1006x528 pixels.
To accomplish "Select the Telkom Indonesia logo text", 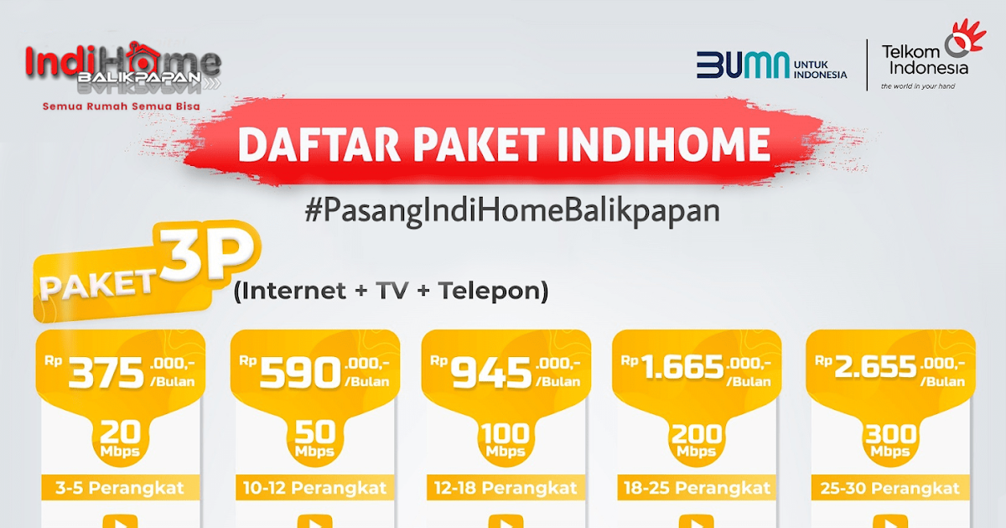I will click(x=924, y=60).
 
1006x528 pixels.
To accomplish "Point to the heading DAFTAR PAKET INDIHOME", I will click(x=504, y=143).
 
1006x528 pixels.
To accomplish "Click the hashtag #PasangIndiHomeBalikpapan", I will click(x=512, y=210).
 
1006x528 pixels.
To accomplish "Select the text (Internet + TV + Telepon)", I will click(x=392, y=291).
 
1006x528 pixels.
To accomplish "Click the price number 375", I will click(x=106, y=375).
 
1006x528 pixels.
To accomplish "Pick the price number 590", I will click(x=299, y=375).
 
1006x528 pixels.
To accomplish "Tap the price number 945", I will click(x=492, y=375).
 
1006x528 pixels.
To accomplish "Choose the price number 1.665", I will click(x=682, y=369).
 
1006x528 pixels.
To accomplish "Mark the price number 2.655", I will click(x=874, y=369).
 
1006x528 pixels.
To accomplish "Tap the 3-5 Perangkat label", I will click(x=120, y=488).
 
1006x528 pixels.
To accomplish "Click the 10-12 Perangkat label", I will click(x=313, y=488).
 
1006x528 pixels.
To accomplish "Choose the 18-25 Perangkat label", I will click(x=697, y=488).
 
